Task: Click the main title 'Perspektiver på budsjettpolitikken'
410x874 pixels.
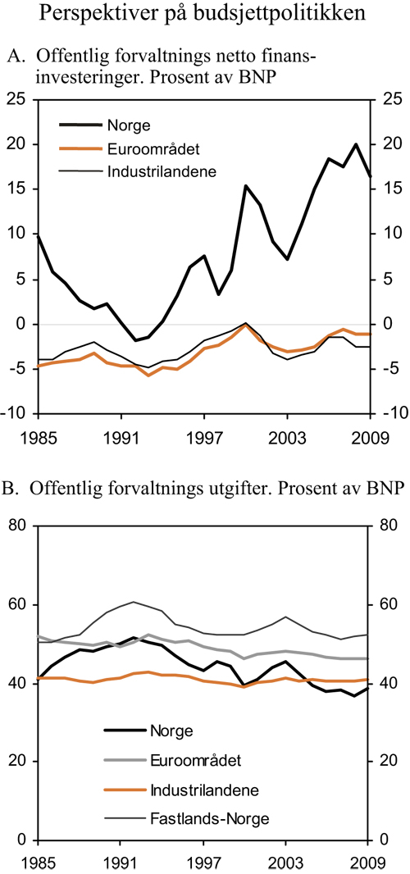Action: [204, 15]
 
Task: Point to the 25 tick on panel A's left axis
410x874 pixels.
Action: [18, 99]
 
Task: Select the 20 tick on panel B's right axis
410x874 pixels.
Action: [389, 762]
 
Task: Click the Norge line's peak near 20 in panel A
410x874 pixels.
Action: [356, 144]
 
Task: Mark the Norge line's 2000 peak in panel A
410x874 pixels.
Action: [245, 186]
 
